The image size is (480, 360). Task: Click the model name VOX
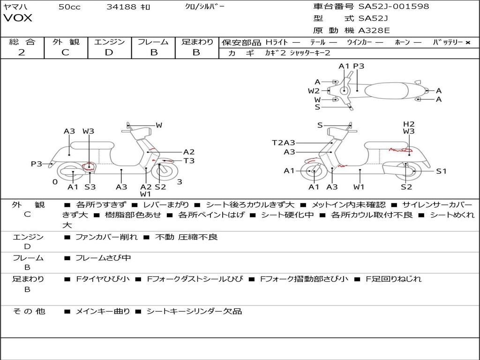18,18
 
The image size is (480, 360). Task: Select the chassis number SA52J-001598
393,7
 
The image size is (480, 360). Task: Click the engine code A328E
374,30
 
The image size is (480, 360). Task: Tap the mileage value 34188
121,7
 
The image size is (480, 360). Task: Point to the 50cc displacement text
69,7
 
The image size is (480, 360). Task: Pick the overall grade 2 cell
22,52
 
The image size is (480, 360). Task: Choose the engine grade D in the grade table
109,52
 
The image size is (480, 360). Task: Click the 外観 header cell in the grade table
66,42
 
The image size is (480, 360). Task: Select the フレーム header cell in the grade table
153,42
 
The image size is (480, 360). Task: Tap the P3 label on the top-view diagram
359,66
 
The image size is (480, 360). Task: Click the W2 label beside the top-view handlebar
314,91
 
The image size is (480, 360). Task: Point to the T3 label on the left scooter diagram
189,161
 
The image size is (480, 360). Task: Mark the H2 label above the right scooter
409,124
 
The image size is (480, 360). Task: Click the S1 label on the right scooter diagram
441,171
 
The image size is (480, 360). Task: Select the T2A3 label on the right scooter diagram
284,142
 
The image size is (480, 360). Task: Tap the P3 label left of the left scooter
37,164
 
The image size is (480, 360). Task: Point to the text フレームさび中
103,258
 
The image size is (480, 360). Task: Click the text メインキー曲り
103,311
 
